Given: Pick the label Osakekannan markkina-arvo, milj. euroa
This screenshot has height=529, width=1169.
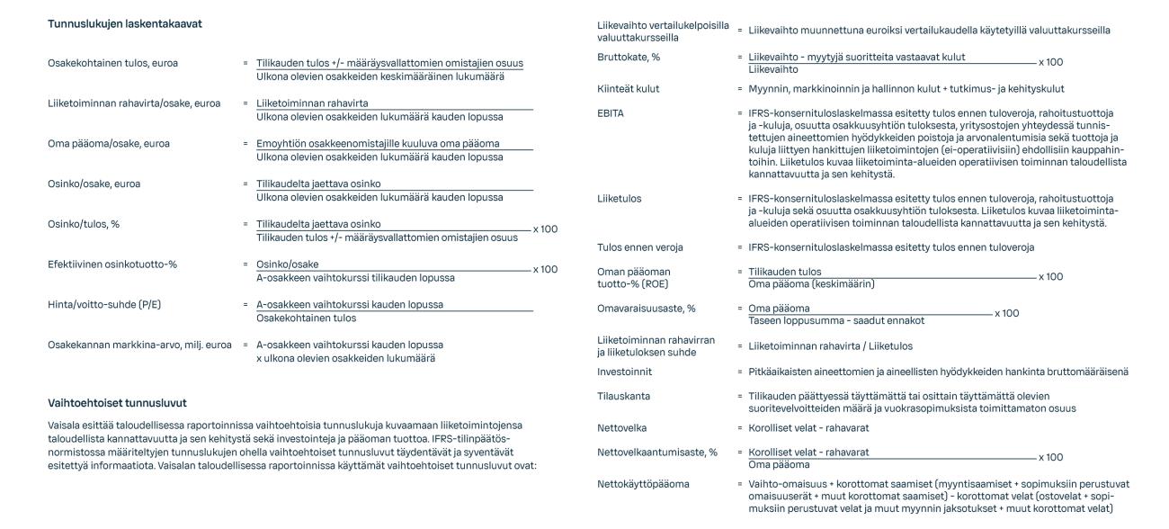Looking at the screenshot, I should pyautogui.click(x=140, y=345).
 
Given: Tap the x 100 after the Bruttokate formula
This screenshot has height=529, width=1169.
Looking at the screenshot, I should pyautogui.click(x=1050, y=63).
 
